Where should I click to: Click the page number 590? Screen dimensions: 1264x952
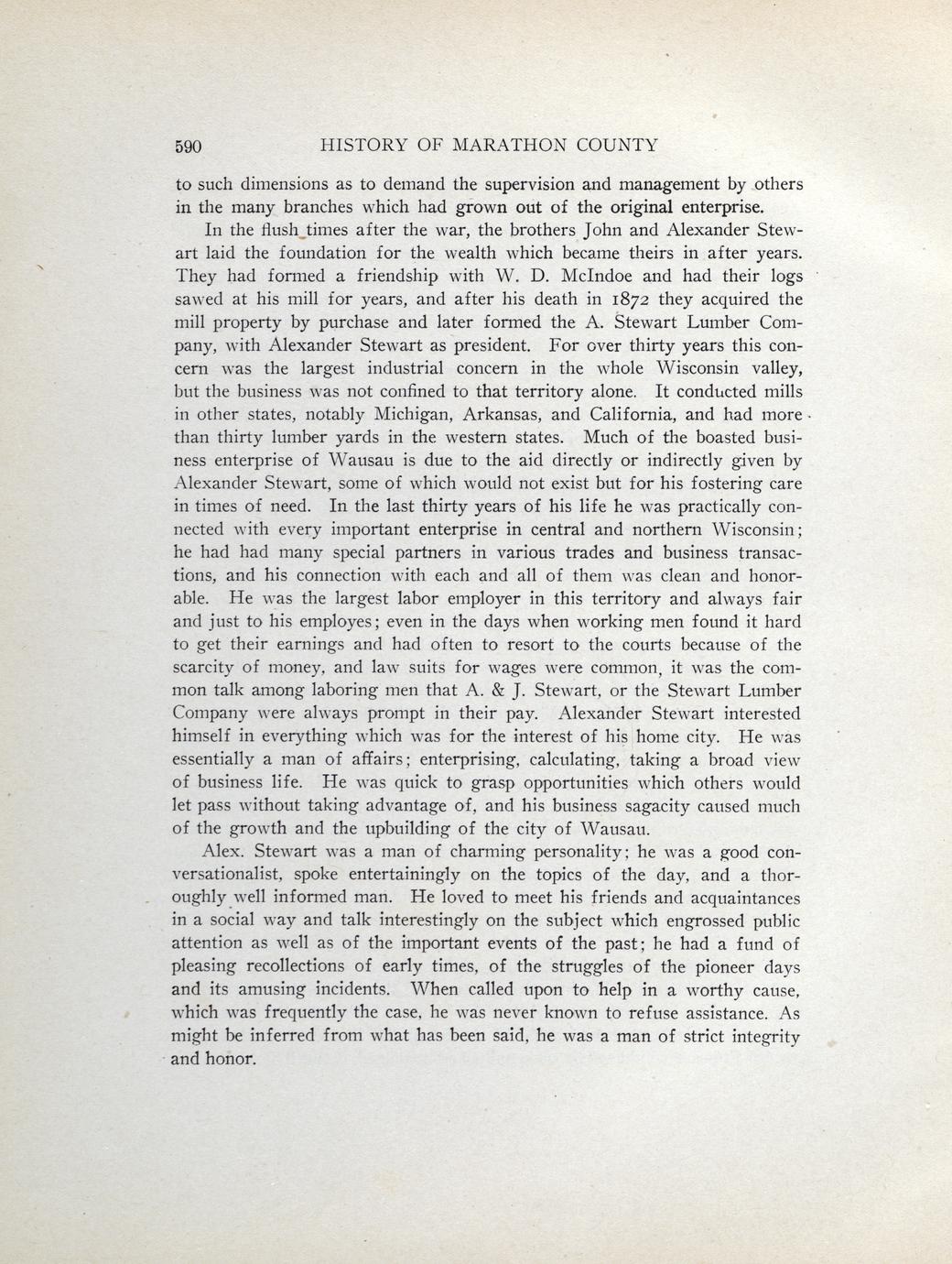186,146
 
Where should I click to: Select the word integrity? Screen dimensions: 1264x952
755,1037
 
